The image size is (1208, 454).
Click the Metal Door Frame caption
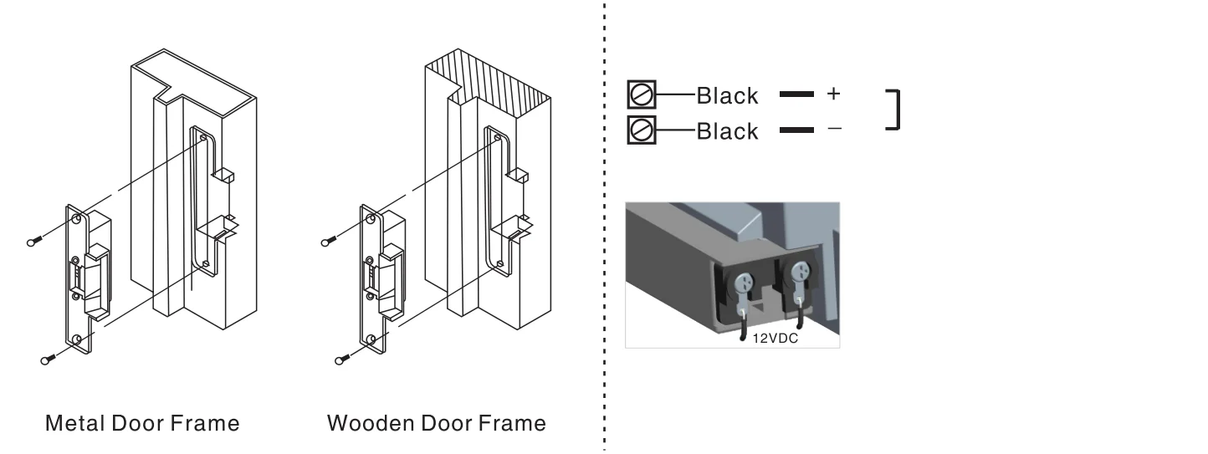tap(142, 423)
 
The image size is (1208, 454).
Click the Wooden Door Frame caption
tap(437, 423)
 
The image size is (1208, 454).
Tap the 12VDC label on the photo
tap(775, 339)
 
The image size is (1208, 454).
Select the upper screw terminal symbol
tap(642, 95)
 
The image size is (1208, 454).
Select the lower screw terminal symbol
tap(642, 130)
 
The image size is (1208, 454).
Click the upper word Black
tap(727, 96)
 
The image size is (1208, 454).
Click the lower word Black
tap(727, 131)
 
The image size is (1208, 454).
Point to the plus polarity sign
tap(833, 94)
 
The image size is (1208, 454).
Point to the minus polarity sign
tap(834, 128)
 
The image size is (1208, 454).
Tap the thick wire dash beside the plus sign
tap(796, 94)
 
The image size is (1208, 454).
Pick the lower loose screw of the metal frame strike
tap(49, 359)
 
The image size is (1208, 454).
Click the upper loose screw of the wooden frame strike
tap(329, 242)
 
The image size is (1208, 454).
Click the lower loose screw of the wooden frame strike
tap(343, 359)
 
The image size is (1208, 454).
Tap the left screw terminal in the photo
tap(744, 282)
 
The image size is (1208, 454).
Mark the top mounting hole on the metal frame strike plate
tap(77, 219)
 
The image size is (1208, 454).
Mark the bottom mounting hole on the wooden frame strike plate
tap(371, 339)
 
